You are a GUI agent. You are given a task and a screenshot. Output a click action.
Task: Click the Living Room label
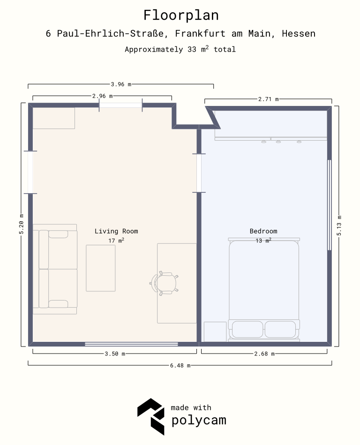(x=116, y=231)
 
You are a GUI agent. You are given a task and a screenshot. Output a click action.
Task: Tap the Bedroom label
(x=263, y=231)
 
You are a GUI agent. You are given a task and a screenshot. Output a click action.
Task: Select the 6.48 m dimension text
(x=180, y=366)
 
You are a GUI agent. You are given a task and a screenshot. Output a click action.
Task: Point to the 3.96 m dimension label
(x=121, y=84)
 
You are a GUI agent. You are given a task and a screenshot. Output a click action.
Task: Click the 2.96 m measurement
(x=102, y=96)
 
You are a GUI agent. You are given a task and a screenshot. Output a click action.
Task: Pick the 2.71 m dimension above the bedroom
(x=269, y=99)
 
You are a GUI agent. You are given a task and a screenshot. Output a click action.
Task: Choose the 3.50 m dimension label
(x=115, y=354)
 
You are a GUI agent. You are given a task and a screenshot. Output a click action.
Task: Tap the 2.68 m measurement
(x=264, y=354)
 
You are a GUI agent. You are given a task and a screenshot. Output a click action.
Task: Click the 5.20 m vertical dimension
(x=22, y=224)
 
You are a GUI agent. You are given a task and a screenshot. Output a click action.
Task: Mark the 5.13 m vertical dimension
(x=339, y=226)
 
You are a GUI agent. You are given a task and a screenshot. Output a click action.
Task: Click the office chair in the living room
(x=164, y=283)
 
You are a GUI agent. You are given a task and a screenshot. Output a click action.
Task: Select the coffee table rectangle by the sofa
(x=101, y=268)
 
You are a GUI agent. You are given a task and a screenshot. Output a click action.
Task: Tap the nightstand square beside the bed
(x=215, y=332)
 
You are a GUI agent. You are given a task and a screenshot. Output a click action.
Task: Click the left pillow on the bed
(x=247, y=330)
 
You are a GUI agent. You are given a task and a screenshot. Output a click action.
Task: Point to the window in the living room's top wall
(x=120, y=106)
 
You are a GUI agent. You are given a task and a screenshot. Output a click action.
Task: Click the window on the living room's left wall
(x=30, y=172)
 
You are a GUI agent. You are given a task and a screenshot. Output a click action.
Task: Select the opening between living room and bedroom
(x=199, y=173)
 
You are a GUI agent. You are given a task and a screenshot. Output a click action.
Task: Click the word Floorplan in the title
(x=181, y=15)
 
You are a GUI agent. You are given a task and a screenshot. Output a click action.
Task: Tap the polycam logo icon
(x=151, y=416)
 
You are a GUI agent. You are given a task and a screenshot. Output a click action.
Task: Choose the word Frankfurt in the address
(x=200, y=33)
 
